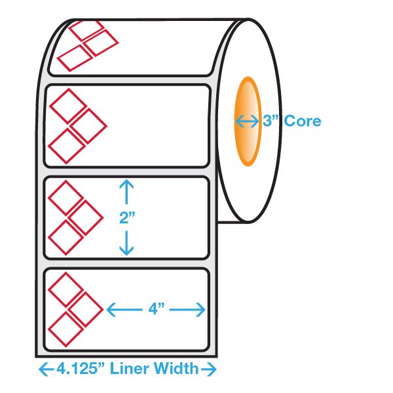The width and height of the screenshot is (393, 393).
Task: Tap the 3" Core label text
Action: pos(291,121)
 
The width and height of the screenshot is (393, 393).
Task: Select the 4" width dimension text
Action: pos(156,309)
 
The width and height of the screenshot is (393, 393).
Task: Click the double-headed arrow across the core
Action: pos(248,121)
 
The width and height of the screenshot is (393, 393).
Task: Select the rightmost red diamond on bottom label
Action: pos(86,309)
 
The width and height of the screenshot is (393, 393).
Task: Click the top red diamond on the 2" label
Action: pos(65,197)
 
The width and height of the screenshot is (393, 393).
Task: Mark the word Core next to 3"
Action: pos(303,121)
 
